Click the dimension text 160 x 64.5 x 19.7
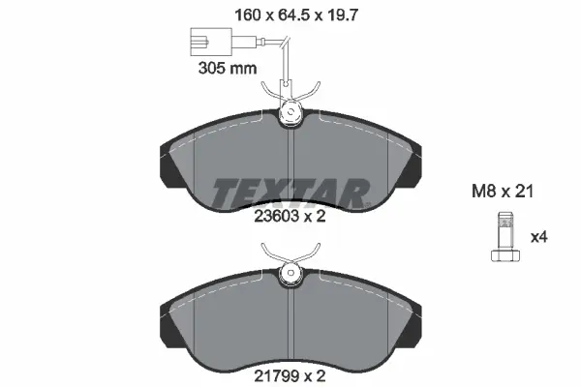point(290,15)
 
